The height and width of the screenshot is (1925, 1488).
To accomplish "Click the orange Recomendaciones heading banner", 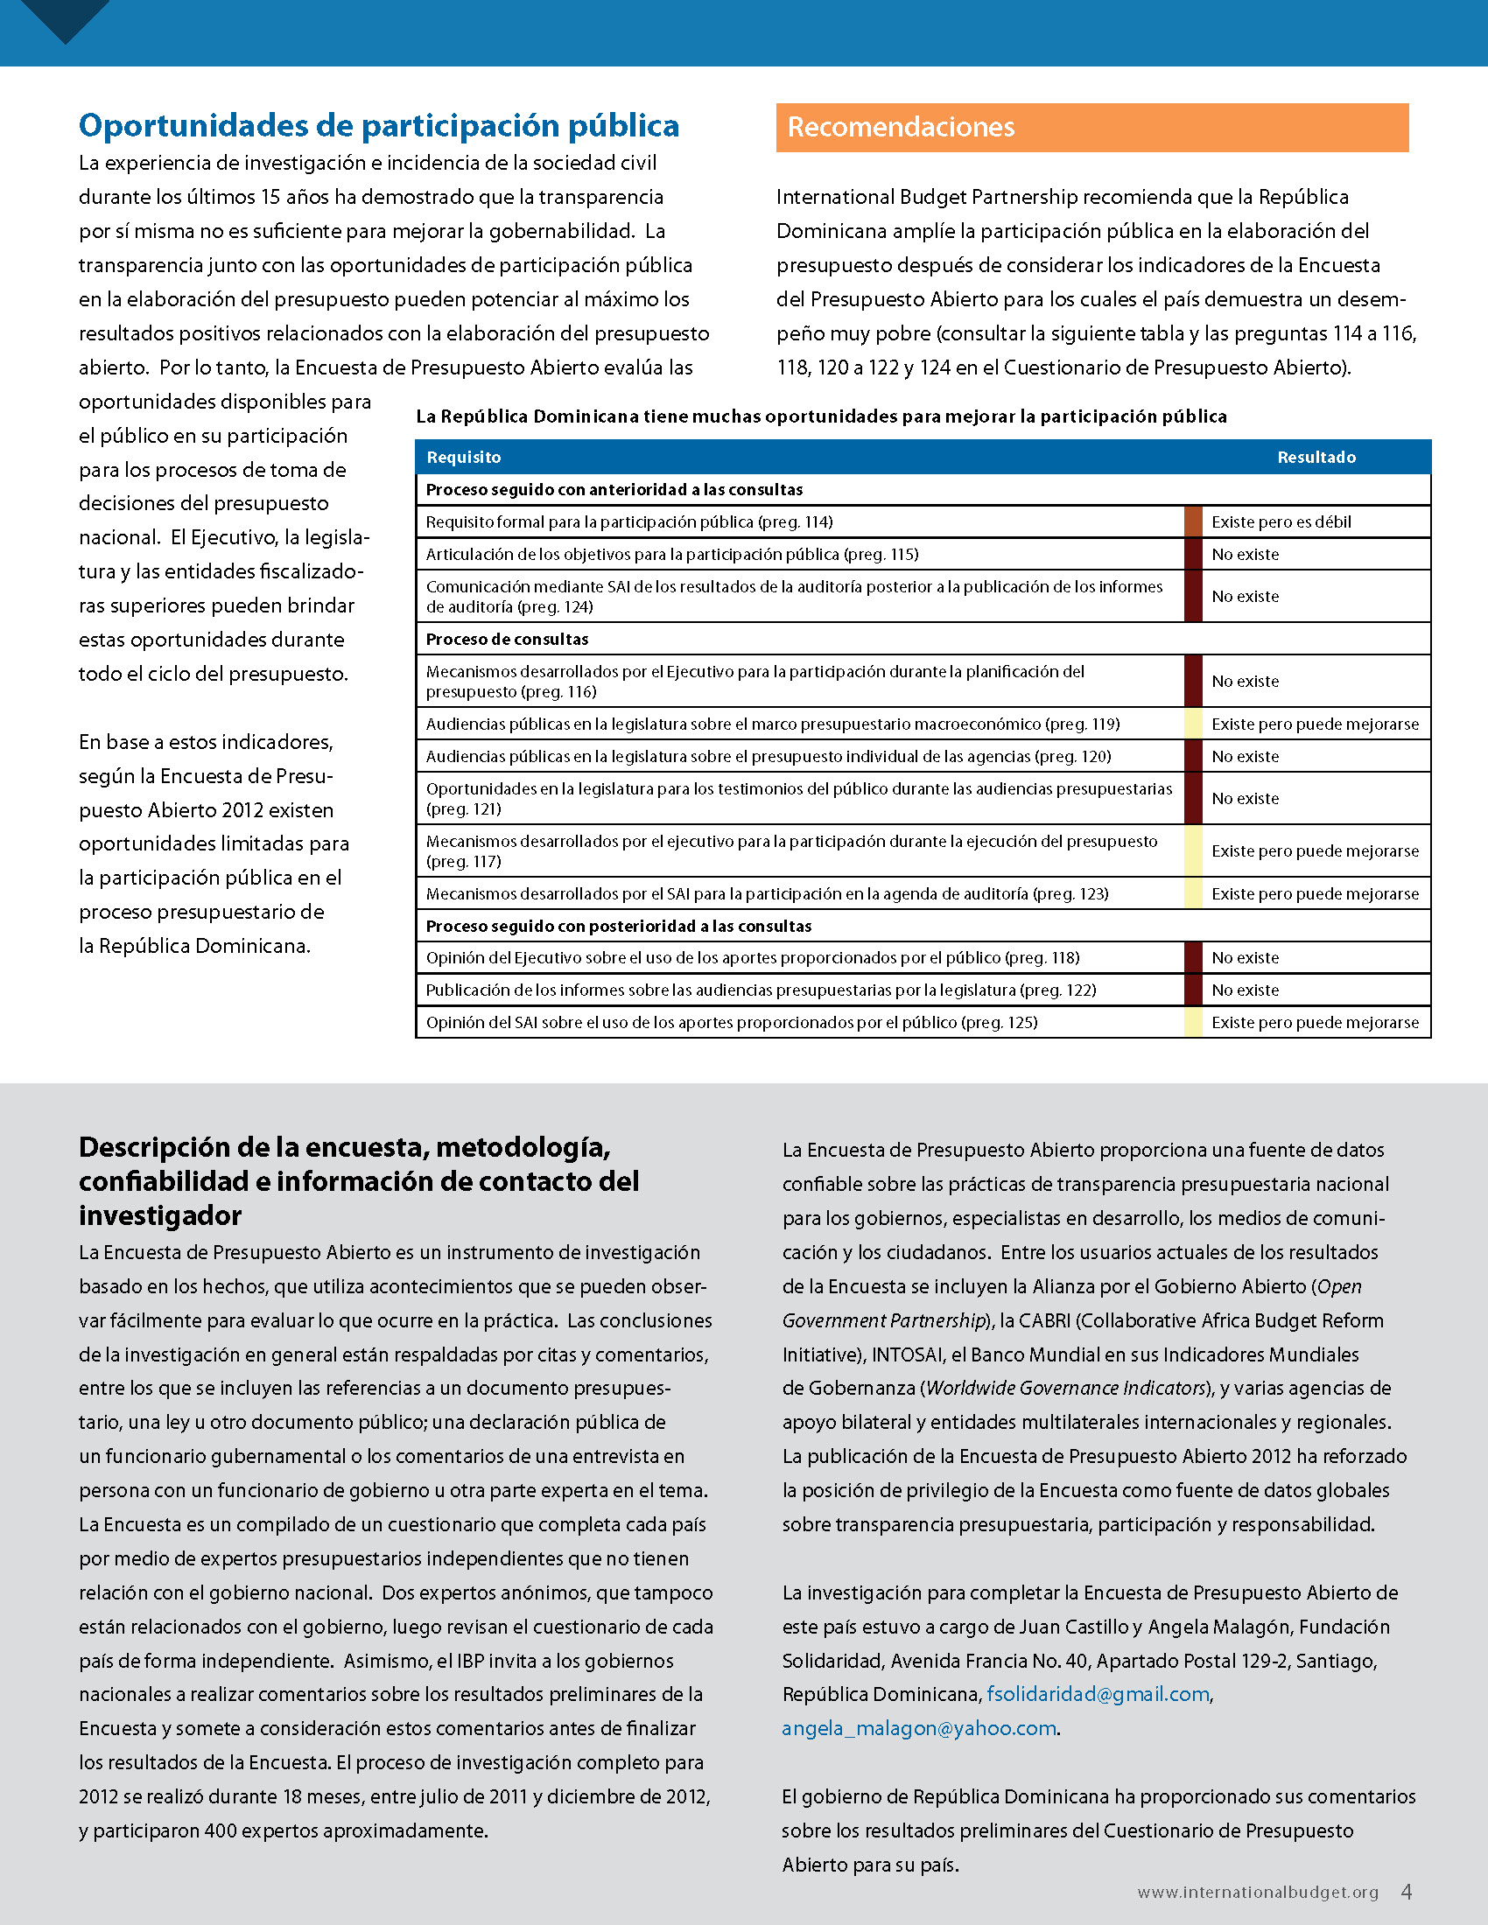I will [1091, 128].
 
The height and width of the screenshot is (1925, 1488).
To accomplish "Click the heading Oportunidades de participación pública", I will [379, 126].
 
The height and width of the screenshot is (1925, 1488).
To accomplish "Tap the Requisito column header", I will [464, 457].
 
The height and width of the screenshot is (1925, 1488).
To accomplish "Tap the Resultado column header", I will [1316, 457].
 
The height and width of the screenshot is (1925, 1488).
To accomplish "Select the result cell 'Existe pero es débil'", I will [1281, 521].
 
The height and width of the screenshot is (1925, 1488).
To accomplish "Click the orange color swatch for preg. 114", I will [1193, 521].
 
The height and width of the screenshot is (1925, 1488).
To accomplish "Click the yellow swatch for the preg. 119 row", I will [1193, 724].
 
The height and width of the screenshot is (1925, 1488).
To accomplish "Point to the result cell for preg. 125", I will [1315, 1022].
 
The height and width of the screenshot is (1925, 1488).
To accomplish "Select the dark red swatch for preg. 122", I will [1193, 990].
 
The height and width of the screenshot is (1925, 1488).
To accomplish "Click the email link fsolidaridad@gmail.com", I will [1098, 1694].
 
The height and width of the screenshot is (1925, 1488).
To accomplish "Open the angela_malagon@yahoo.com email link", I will [918, 1728].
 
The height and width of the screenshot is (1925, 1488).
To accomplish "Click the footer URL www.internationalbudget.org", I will [1258, 1893].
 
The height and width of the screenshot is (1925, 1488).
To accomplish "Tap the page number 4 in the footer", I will [1407, 1892].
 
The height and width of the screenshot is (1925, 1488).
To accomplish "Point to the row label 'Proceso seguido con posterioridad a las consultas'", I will [618, 927].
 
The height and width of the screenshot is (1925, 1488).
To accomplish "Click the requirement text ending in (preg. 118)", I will [752, 958].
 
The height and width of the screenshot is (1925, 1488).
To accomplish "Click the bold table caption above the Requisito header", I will [821, 416].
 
